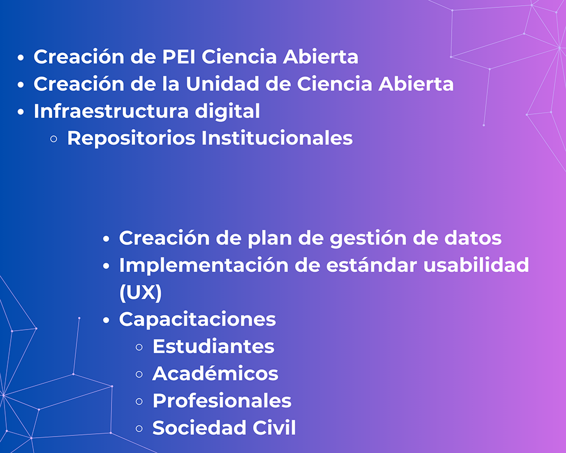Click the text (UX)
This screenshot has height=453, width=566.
click(140, 293)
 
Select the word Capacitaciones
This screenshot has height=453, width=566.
click(198, 319)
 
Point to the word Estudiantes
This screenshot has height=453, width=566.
click(213, 347)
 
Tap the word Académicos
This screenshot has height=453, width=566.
click(216, 374)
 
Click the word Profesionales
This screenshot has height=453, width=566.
click(222, 401)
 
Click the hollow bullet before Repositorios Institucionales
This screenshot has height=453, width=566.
click(54, 139)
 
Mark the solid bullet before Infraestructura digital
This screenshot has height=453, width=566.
click(21, 112)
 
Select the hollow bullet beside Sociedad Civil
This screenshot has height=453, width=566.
click(139, 429)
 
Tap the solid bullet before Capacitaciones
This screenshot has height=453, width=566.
click(106, 320)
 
